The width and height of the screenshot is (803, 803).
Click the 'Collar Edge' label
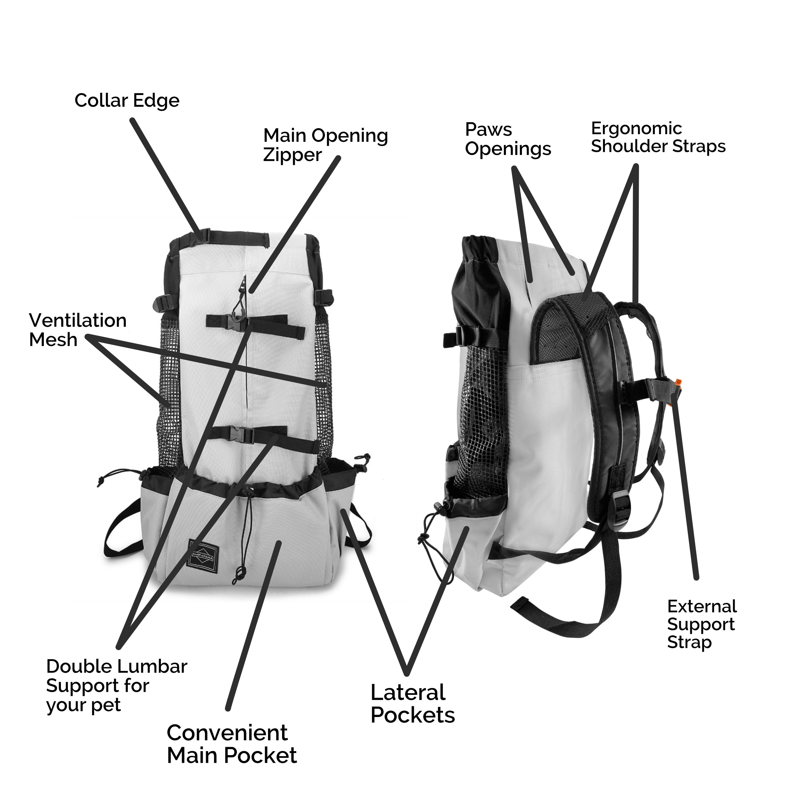point(127,101)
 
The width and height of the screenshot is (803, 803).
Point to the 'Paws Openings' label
point(508,139)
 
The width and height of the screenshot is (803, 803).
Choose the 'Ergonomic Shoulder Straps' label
point(658,138)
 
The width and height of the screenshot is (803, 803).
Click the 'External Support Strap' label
point(702,624)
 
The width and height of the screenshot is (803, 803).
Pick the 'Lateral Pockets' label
point(412,704)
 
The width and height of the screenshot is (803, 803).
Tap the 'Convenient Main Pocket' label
point(232,749)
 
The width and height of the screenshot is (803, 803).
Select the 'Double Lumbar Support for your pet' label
point(116,685)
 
